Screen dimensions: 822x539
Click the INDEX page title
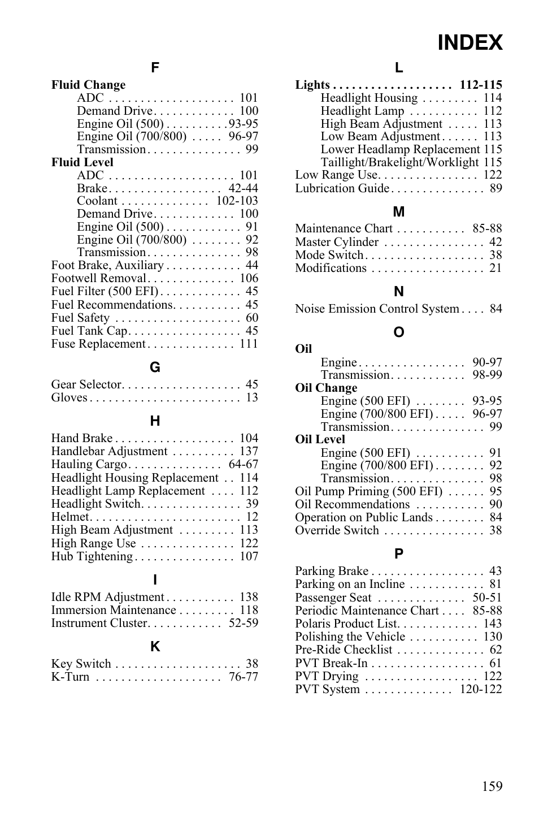(470, 43)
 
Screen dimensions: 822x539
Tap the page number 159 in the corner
(492, 786)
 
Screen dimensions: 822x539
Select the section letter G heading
(155, 367)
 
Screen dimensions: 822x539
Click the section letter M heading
(399, 212)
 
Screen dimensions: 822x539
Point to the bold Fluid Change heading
(88, 85)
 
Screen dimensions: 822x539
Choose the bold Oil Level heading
(320, 439)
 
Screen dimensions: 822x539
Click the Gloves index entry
(69, 397)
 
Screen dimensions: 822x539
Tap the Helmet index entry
(70, 517)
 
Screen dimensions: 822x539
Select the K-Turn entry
(70, 677)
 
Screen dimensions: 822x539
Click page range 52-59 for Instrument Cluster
(244, 623)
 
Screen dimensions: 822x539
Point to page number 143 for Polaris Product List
(492, 624)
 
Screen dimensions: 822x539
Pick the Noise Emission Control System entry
(377, 309)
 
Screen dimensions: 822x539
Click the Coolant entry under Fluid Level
(97, 201)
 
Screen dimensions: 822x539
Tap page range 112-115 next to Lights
(481, 85)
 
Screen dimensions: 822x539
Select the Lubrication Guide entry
(342, 188)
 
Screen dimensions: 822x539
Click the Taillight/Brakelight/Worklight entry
(399, 162)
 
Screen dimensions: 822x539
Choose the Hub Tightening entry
(92, 556)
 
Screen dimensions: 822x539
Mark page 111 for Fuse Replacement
(249, 344)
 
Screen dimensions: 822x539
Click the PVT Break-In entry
(331, 663)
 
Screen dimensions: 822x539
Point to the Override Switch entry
(337, 530)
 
